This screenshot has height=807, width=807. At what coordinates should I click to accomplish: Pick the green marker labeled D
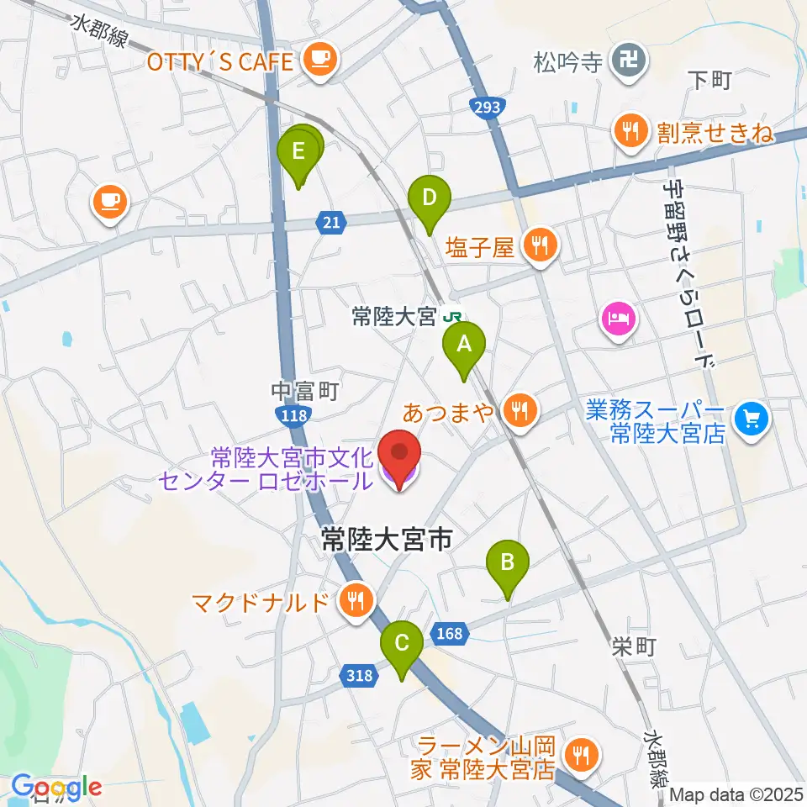click(x=429, y=199)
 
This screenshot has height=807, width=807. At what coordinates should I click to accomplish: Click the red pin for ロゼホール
click(x=400, y=456)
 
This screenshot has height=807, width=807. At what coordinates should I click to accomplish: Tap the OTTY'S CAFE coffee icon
click(x=319, y=58)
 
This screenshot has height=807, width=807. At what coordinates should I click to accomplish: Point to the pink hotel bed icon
click(x=619, y=319)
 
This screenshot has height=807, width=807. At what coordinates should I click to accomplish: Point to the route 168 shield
click(x=450, y=632)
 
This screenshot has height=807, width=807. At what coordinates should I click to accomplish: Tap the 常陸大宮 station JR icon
click(x=453, y=317)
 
